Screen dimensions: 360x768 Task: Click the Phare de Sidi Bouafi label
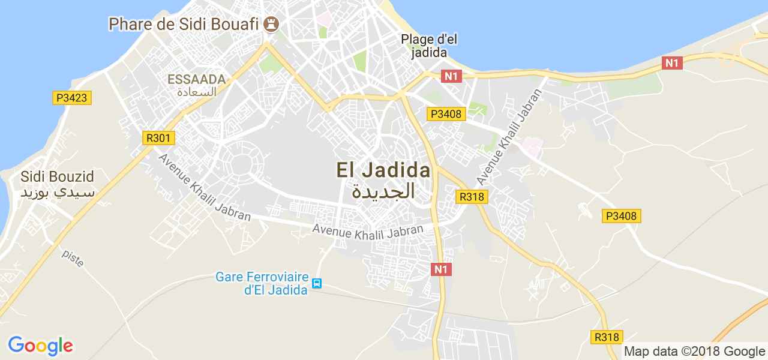(184, 24)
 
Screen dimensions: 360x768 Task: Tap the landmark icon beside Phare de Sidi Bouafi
(272, 24)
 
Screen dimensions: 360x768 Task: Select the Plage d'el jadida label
(429, 46)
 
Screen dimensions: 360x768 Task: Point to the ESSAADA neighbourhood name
(196, 79)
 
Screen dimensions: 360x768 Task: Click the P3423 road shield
(72, 98)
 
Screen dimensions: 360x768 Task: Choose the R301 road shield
(160, 138)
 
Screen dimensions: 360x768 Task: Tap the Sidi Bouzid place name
(58, 177)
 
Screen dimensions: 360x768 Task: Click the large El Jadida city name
(383, 170)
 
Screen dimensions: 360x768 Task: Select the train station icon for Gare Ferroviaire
(317, 283)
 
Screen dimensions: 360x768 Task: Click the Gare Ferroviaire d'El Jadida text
(262, 283)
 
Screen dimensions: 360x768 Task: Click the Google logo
(40, 346)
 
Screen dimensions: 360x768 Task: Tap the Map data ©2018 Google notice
(694, 352)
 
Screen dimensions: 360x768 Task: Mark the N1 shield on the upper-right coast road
(673, 62)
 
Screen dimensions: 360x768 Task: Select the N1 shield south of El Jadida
(441, 269)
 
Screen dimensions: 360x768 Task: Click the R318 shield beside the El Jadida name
(472, 196)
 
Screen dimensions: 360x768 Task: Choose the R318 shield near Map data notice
(607, 337)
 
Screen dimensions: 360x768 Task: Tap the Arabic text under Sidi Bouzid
(58, 193)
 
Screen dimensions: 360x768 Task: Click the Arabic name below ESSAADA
(196, 92)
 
